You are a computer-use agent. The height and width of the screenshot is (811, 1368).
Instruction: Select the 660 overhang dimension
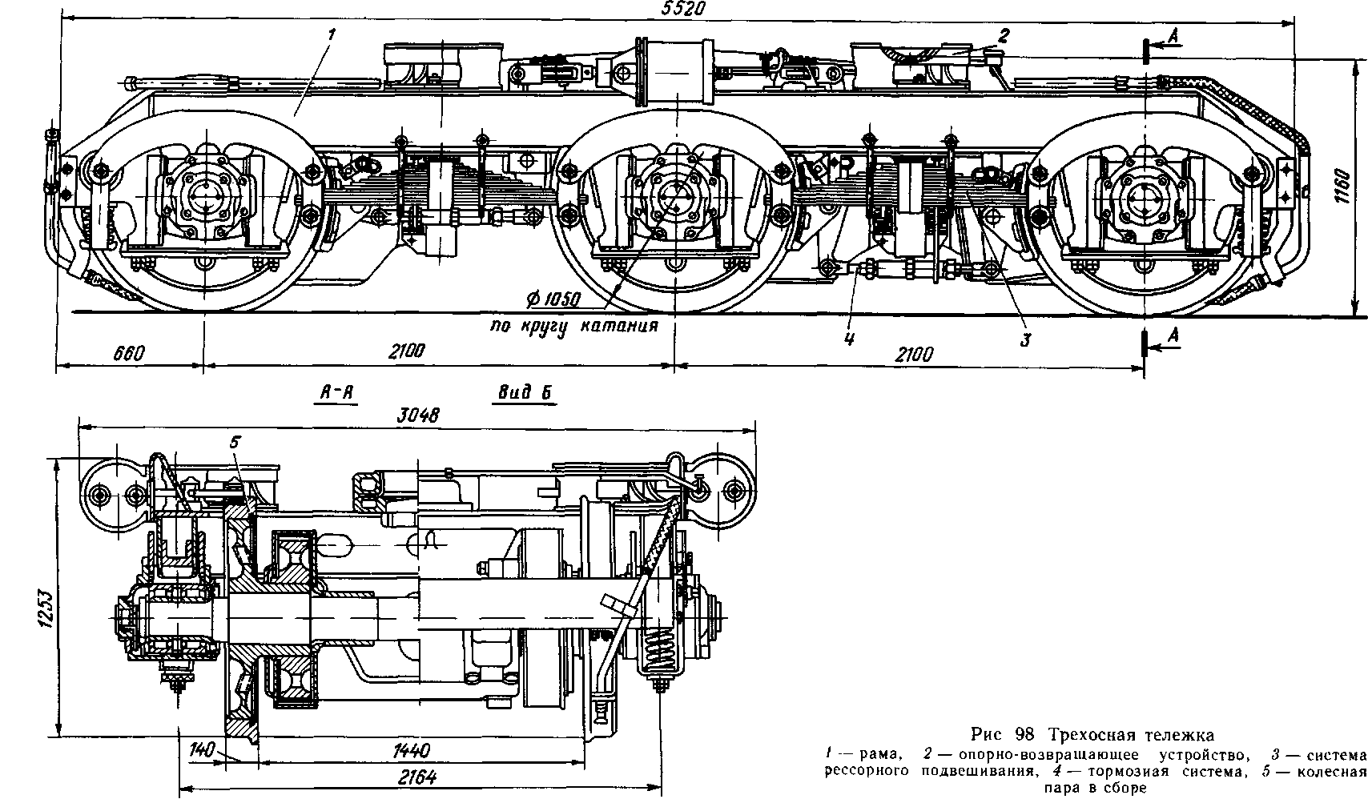(x=128, y=352)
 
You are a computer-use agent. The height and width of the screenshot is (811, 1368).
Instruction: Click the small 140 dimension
(x=203, y=751)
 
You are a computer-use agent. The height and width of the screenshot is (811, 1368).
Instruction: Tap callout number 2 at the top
(x=1004, y=34)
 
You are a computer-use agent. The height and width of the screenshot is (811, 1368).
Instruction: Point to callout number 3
(x=1024, y=339)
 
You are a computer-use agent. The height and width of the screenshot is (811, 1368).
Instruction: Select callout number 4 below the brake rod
(x=849, y=339)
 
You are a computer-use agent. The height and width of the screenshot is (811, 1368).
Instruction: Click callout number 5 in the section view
(x=235, y=442)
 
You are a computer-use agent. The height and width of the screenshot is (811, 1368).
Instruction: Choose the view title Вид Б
(x=526, y=392)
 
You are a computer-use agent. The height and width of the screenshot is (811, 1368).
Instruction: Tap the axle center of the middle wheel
(x=675, y=196)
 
